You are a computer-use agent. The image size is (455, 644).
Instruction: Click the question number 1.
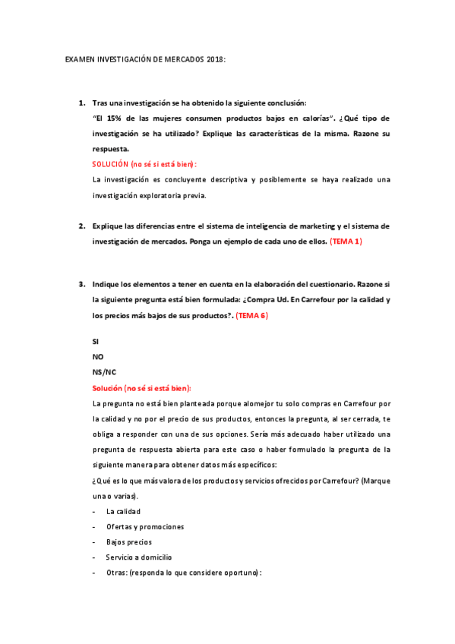(82, 103)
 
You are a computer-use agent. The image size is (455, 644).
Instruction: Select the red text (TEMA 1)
(346, 241)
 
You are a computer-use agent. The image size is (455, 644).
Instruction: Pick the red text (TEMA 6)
(251, 315)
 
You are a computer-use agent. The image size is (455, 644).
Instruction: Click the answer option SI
(96, 342)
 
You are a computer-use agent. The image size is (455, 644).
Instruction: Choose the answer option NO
(98, 357)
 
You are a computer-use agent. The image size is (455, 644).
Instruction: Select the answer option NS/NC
(104, 372)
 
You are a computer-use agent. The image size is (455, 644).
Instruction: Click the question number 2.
(82, 226)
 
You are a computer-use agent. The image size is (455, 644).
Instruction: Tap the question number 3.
(82, 285)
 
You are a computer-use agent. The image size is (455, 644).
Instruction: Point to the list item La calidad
(123, 511)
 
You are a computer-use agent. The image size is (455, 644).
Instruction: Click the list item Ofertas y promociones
(145, 526)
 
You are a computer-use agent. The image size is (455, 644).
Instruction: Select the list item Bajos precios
(128, 541)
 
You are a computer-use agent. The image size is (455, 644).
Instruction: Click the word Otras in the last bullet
(115, 572)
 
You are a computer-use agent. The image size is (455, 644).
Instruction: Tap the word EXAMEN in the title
(80, 58)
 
